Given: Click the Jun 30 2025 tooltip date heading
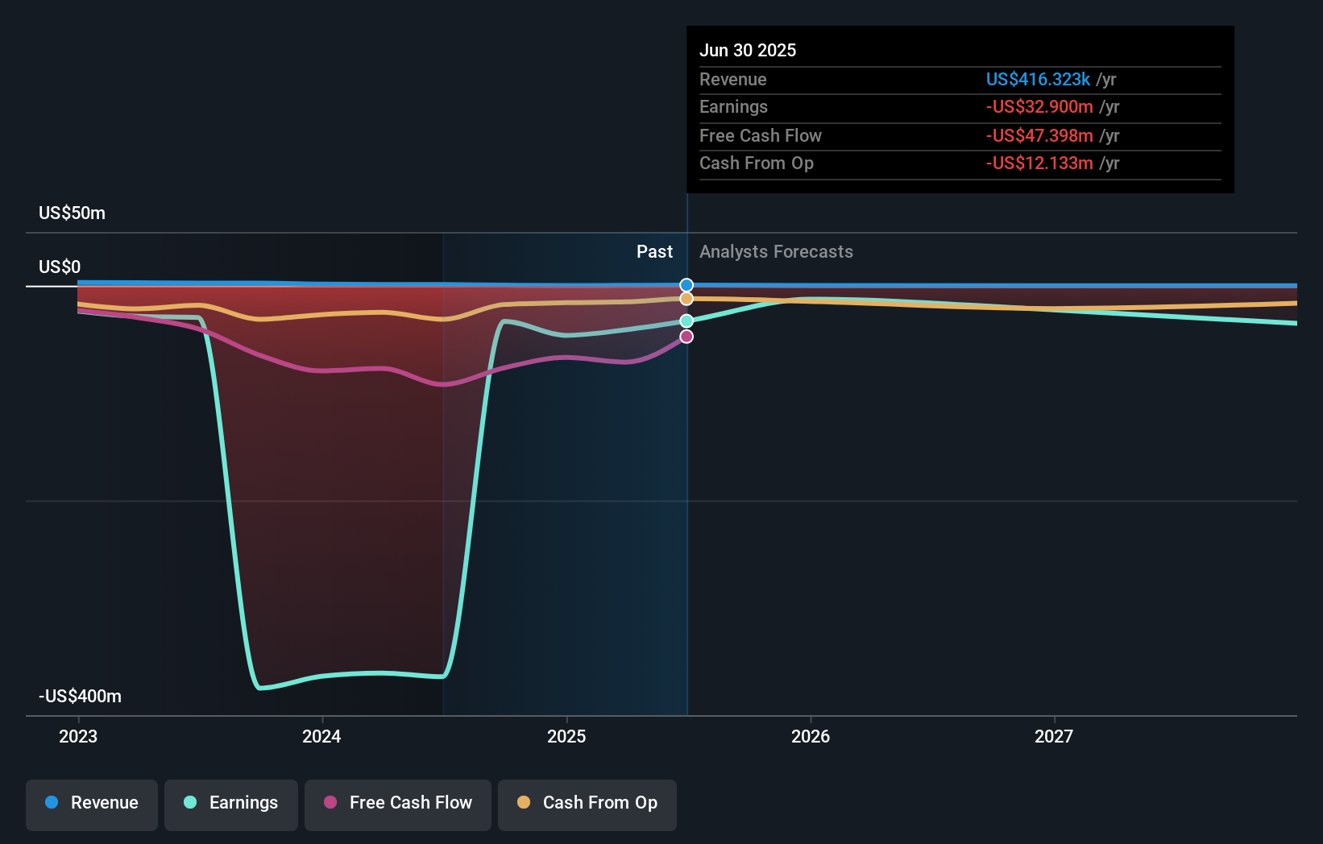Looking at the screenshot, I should [747, 50].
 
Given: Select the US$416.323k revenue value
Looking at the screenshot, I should [1038, 79].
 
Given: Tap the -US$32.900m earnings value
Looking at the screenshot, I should [1039, 107].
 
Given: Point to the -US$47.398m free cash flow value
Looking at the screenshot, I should [1039, 135].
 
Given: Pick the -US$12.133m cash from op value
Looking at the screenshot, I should [1039, 163].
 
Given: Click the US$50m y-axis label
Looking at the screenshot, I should [72, 213].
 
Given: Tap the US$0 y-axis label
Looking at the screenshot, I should [60, 267].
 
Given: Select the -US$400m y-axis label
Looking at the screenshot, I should [80, 696].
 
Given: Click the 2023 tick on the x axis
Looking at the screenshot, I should [78, 736].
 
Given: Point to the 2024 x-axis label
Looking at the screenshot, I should [321, 736].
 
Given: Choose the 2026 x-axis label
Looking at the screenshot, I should [810, 736].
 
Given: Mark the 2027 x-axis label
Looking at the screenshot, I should [1054, 736].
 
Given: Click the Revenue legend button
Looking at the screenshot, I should [92, 803].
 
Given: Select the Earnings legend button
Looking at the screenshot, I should [231, 803].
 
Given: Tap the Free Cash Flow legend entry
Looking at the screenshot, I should [398, 803].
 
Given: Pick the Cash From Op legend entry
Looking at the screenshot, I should [587, 803].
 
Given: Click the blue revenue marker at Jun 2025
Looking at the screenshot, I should [686, 285].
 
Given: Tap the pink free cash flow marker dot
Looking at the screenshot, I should [686, 337].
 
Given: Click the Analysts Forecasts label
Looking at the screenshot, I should [776, 252].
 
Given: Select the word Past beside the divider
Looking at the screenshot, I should [654, 252].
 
